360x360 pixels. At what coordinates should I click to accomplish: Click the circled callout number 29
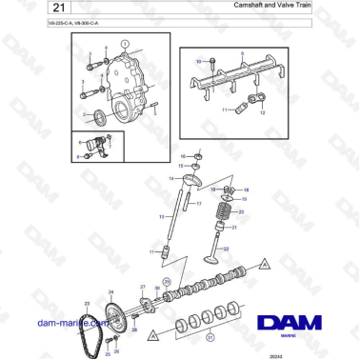167,283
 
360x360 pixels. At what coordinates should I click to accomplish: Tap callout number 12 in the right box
263,111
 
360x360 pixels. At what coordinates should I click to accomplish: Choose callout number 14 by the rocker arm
171,178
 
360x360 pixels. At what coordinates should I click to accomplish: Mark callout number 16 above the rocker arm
183,155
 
